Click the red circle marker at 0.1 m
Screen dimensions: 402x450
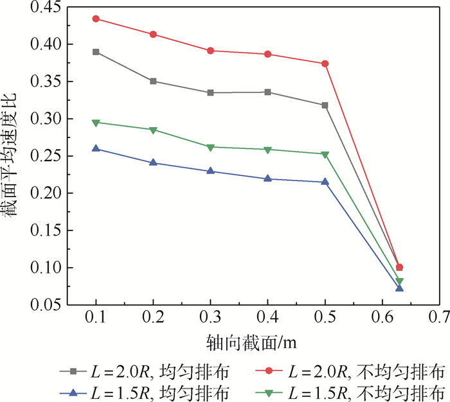(96, 19)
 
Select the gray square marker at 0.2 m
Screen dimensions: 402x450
(153, 81)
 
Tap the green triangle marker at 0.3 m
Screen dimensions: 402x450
(210, 147)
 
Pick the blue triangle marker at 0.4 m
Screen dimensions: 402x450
(267, 179)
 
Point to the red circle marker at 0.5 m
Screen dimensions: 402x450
(325, 64)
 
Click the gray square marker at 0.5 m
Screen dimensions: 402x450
(325, 105)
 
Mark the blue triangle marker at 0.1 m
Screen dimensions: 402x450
(96, 148)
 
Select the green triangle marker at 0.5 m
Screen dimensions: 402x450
(325, 154)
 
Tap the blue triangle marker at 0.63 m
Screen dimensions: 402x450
(399, 288)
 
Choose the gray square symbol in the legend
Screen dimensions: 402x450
(73, 371)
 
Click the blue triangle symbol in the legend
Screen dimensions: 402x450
(73, 391)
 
